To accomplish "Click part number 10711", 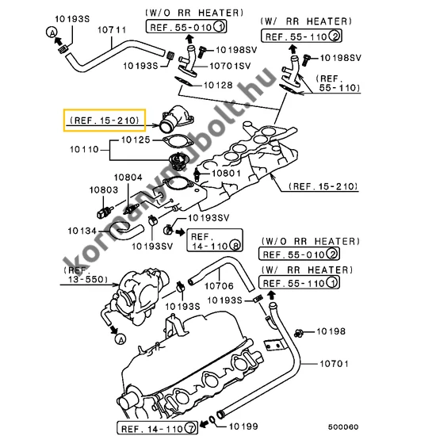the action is [x=112, y=30].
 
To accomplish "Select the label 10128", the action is [x=218, y=85].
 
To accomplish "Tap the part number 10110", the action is [x=84, y=150].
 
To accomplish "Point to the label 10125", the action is [x=136, y=140].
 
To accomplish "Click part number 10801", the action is [x=227, y=174].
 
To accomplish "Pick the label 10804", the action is [x=128, y=177].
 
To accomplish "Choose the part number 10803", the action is [x=103, y=190].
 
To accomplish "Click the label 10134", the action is [x=82, y=231].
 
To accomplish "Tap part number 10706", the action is [x=219, y=286].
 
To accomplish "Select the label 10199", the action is [x=243, y=426].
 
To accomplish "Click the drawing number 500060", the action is [x=343, y=426].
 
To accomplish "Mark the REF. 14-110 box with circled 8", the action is [x=215, y=240].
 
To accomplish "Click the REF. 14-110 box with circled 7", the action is [x=158, y=428].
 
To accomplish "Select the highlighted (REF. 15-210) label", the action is [x=105, y=120].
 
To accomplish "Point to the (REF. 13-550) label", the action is [x=86, y=275].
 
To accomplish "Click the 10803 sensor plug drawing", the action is [x=105, y=212].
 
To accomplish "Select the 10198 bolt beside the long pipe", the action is [x=299, y=333].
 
